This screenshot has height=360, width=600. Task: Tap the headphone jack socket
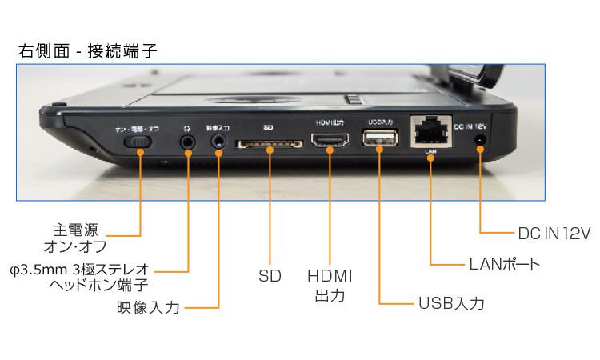click(x=189, y=142)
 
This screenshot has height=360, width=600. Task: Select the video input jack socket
click(x=218, y=142)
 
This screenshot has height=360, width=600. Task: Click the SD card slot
click(x=269, y=144)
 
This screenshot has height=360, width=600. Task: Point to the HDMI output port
click(x=330, y=143)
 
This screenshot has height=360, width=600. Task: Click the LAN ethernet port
click(x=430, y=130)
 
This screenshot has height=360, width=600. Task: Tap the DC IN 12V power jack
click(x=481, y=142)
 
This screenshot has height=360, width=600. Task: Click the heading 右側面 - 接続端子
click(x=87, y=50)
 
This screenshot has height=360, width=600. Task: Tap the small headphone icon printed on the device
click(x=189, y=126)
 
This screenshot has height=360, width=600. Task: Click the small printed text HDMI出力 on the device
click(x=330, y=123)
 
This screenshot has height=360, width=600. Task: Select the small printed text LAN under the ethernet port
click(x=430, y=150)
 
